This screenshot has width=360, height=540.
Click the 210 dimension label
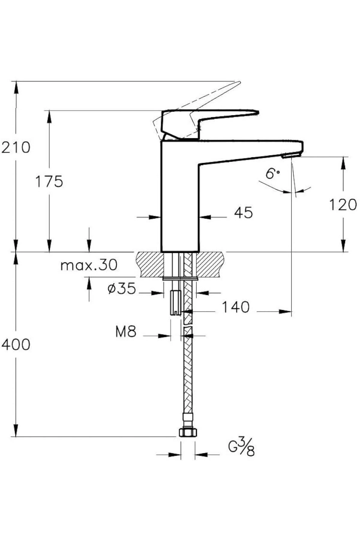click(x=16, y=147)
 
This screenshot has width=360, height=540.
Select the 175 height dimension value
click(x=49, y=181)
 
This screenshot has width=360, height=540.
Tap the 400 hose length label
click(x=16, y=344)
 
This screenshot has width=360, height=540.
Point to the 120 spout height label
click(x=343, y=205)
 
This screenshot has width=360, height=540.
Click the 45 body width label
click(x=243, y=213)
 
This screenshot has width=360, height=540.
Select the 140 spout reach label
click(x=235, y=307)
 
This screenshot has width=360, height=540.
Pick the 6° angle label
click(x=272, y=173)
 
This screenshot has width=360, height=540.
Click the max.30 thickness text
click(x=89, y=265)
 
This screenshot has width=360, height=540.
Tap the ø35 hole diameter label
click(x=121, y=289)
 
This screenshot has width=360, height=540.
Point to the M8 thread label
click(x=126, y=332)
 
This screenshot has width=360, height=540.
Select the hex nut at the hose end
click(x=188, y=432)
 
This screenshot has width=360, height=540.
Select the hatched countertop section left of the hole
click(x=150, y=264)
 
